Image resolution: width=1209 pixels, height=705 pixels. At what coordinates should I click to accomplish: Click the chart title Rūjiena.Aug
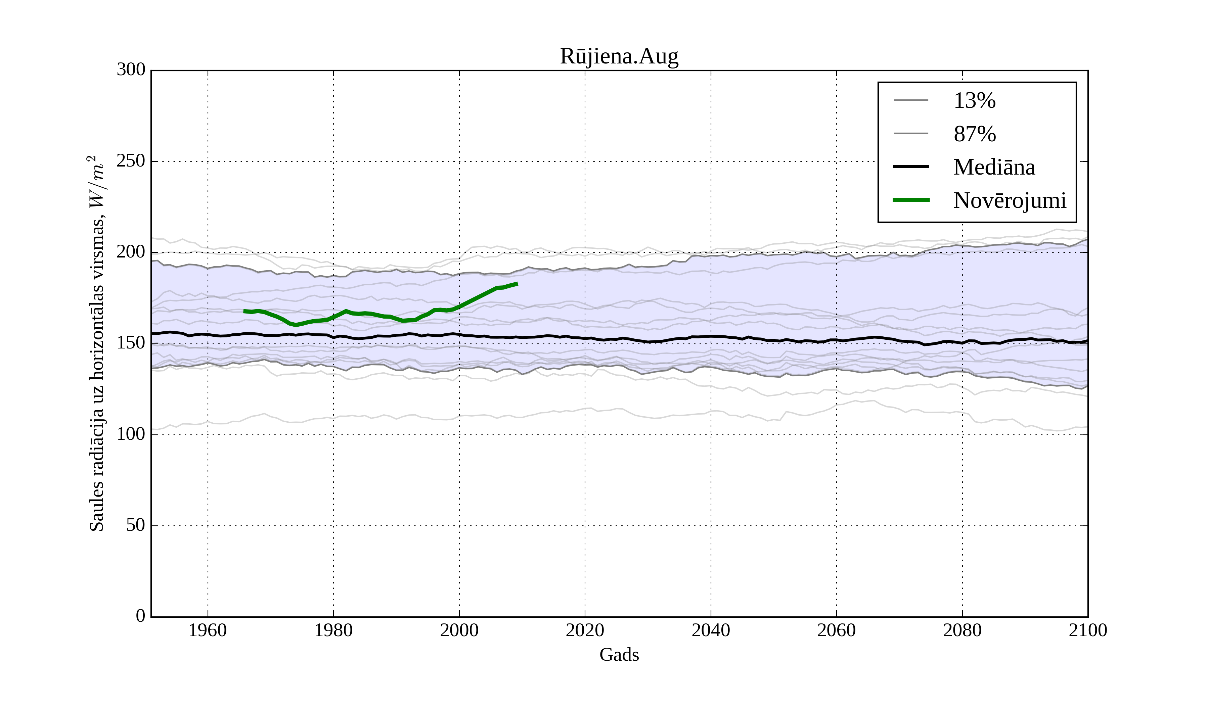coord(619,57)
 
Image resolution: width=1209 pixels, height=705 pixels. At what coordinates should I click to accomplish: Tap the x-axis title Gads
coord(619,655)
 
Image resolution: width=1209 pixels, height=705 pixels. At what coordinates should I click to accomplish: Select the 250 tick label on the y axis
coord(131,161)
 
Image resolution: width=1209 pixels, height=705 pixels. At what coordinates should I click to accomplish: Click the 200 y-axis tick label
coord(131,252)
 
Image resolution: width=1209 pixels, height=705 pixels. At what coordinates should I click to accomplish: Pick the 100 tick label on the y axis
coord(131,434)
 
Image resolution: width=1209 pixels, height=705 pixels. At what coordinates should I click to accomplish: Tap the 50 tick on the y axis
coord(135,526)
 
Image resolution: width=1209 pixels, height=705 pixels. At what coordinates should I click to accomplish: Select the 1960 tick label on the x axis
coord(208,630)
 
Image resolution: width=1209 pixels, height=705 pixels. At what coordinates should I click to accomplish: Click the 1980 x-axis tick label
coord(333,630)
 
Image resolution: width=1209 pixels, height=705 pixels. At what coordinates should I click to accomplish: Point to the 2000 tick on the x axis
coord(459,630)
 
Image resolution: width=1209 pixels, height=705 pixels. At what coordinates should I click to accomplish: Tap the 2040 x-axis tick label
coord(711,630)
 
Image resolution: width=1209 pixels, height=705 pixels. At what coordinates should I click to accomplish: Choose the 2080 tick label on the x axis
coord(962,630)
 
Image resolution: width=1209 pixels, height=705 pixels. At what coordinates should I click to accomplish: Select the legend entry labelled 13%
coord(974,101)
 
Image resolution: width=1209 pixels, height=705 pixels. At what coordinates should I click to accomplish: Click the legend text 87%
coord(974,134)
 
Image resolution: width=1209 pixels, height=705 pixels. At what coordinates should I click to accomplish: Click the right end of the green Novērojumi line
coord(517,284)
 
